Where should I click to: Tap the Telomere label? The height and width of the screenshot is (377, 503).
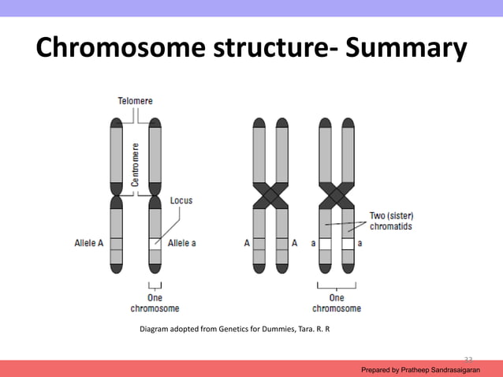click(136, 101)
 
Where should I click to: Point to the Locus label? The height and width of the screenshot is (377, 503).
click(181, 200)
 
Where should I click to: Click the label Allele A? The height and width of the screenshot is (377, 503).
click(89, 244)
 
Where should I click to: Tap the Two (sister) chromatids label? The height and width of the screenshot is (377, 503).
click(392, 221)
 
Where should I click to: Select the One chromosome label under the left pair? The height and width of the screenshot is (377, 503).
click(155, 303)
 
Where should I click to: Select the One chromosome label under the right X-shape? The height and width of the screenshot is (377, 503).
click(337, 303)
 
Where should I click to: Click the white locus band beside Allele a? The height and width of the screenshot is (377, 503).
click(155, 244)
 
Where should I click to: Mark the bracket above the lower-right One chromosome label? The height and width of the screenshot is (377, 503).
click(337, 286)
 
